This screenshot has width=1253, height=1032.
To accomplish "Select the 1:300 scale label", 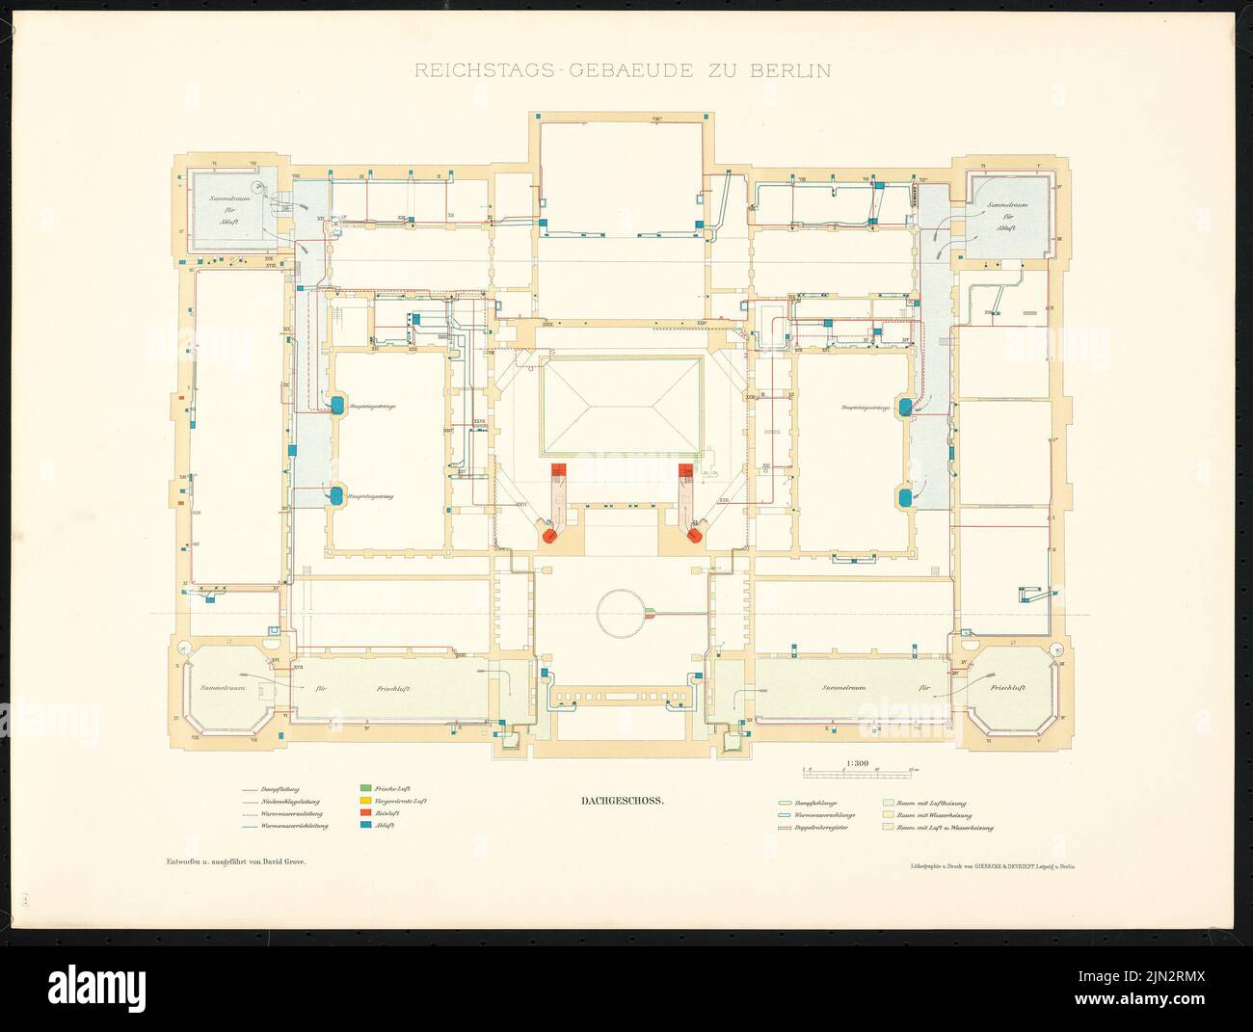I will pos(857,762).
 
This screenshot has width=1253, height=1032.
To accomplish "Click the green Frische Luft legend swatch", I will pos(366,788).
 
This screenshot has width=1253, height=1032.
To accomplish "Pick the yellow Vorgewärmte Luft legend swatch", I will pos(366,801).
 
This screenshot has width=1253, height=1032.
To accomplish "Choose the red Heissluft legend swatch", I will pos(366,813).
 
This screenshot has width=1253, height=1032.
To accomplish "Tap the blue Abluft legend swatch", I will pos(366,826).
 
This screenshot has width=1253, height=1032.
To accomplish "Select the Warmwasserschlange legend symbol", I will pos(784,814).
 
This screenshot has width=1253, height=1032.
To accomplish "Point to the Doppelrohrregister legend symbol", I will pos(784,827).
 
